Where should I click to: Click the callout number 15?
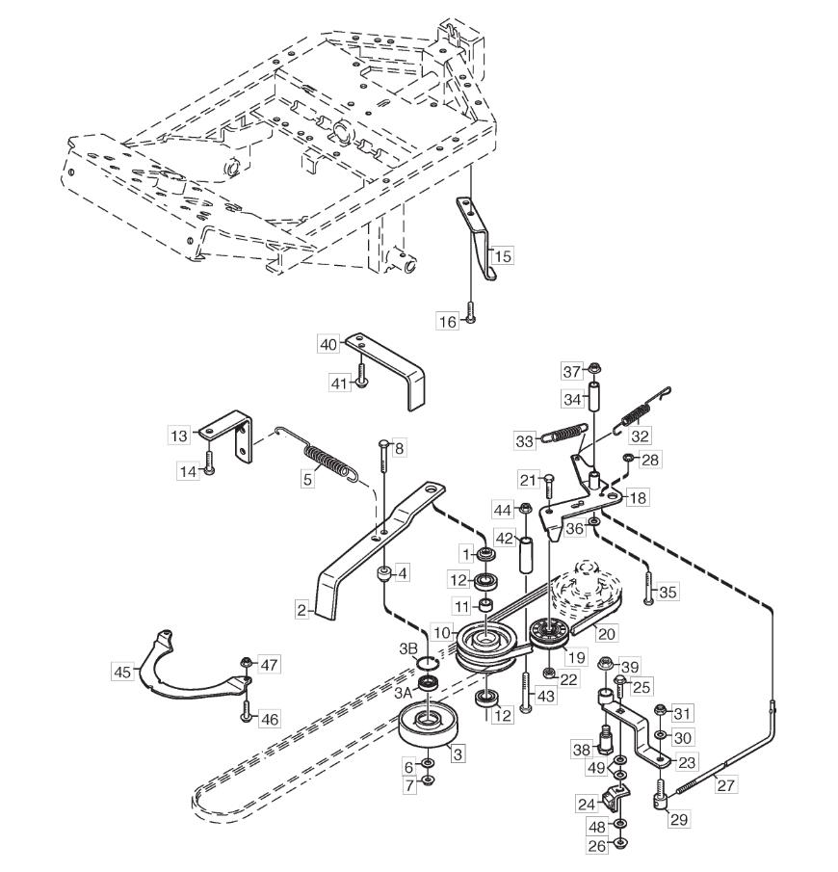(503, 256)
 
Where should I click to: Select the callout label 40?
(329, 343)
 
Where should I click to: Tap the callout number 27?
(725, 786)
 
